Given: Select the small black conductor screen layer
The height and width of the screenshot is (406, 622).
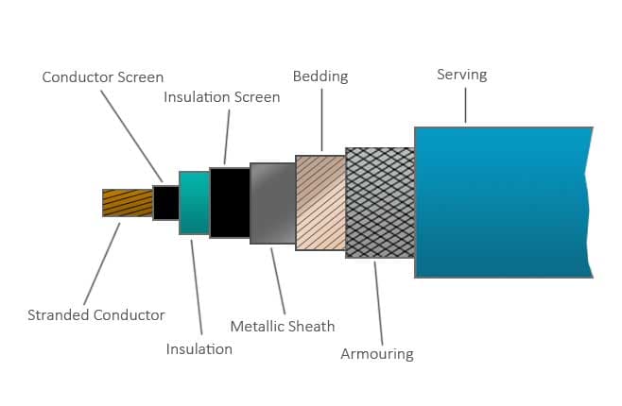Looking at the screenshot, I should (x=166, y=202).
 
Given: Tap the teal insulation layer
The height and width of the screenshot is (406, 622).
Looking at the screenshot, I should (x=194, y=202).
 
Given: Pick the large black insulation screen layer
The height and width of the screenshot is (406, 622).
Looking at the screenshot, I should (x=230, y=202).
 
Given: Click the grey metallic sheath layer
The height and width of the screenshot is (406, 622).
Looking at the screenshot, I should (x=272, y=203).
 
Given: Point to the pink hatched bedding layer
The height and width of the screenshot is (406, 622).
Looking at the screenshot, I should (x=320, y=202).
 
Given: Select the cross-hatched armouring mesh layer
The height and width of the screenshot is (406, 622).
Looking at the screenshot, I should (x=380, y=202).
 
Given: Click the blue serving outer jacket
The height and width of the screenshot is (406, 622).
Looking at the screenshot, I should (x=501, y=202).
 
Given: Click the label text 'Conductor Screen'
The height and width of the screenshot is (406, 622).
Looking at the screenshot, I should (x=103, y=77).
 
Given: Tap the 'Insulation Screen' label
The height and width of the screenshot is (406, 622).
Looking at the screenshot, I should (x=222, y=97).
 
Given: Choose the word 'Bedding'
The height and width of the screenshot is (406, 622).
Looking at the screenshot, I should (x=320, y=76).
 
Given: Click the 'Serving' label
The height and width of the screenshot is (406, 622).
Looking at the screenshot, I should (x=462, y=74).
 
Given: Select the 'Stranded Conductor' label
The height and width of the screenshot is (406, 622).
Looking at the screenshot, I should (x=96, y=314).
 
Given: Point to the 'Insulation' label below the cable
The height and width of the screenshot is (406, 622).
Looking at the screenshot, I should (x=199, y=348).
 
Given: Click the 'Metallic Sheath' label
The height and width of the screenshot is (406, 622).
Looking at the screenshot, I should (x=283, y=327).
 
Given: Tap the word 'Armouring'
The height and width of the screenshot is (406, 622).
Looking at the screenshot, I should (x=376, y=354).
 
